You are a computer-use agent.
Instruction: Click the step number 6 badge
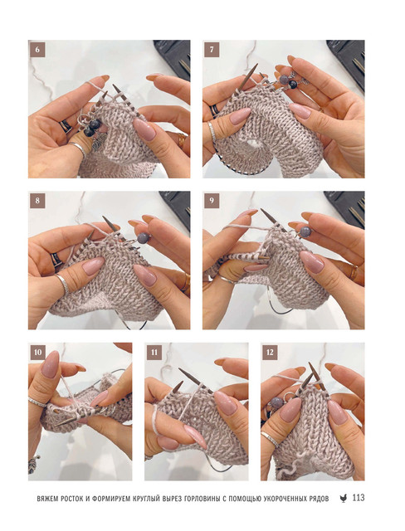(x=37, y=50)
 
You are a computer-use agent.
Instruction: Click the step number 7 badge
(x=212, y=50)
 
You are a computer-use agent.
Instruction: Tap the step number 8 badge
(x=37, y=201)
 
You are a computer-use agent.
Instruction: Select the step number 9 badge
(x=212, y=201)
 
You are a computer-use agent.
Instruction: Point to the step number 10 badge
(x=38, y=352)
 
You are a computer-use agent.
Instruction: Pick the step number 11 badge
(x=154, y=352)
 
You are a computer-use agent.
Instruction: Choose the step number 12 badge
(x=270, y=352)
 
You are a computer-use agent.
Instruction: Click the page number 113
(x=359, y=498)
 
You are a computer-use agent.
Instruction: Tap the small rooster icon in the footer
(x=344, y=498)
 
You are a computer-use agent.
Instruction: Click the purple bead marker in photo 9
(x=305, y=232)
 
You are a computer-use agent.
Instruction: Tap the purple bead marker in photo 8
(x=143, y=238)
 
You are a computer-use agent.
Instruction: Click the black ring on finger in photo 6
(x=66, y=126)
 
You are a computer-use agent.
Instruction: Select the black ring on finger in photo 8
(x=56, y=259)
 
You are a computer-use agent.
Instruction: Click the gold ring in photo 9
(x=354, y=272)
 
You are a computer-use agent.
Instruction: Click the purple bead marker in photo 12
(x=276, y=403)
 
